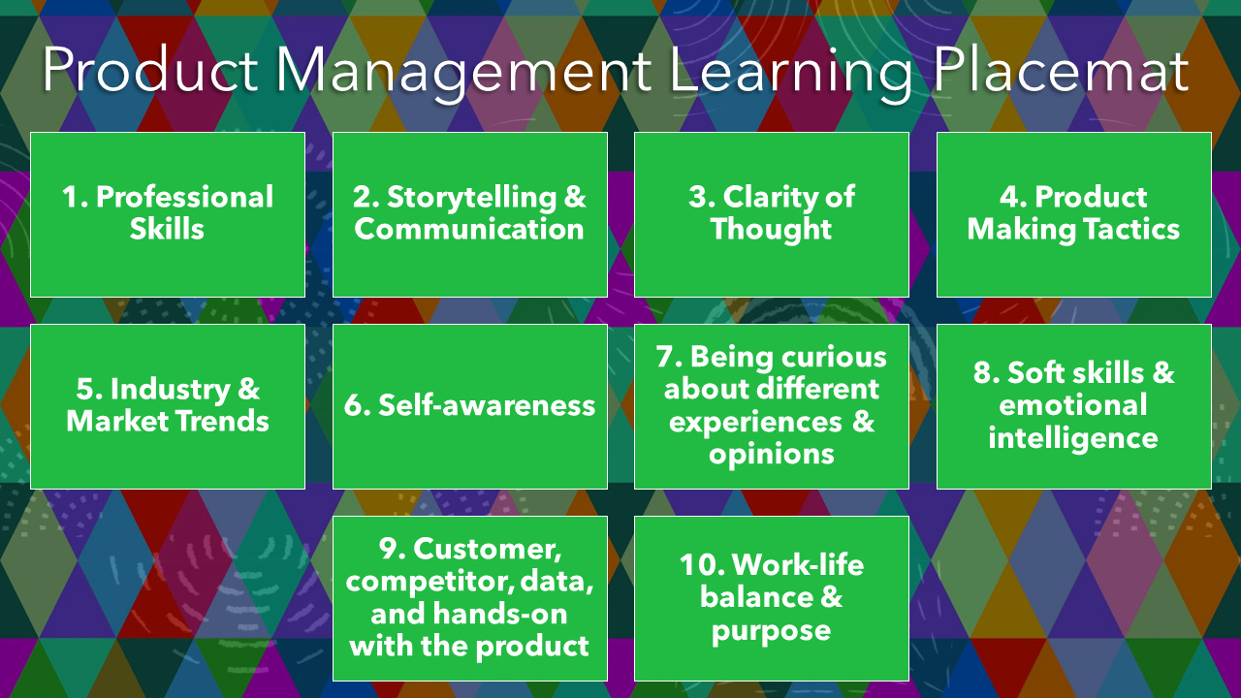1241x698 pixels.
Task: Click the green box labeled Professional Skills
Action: [x=168, y=214]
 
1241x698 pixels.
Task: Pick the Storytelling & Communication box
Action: [x=470, y=214]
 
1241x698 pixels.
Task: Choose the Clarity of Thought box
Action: [x=772, y=214]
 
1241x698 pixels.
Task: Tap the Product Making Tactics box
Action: [x=1074, y=214]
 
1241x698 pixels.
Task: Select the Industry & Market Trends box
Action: [x=168, y=406]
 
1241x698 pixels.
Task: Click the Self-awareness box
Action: [x=470, y=406]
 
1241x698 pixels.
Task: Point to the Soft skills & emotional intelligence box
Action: [x=1074, y=406]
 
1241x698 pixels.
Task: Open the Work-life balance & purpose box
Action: [x=772, y=598]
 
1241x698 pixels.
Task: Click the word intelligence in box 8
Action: [x=1073, y=438]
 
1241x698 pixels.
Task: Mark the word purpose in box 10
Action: [x=772, y=631]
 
